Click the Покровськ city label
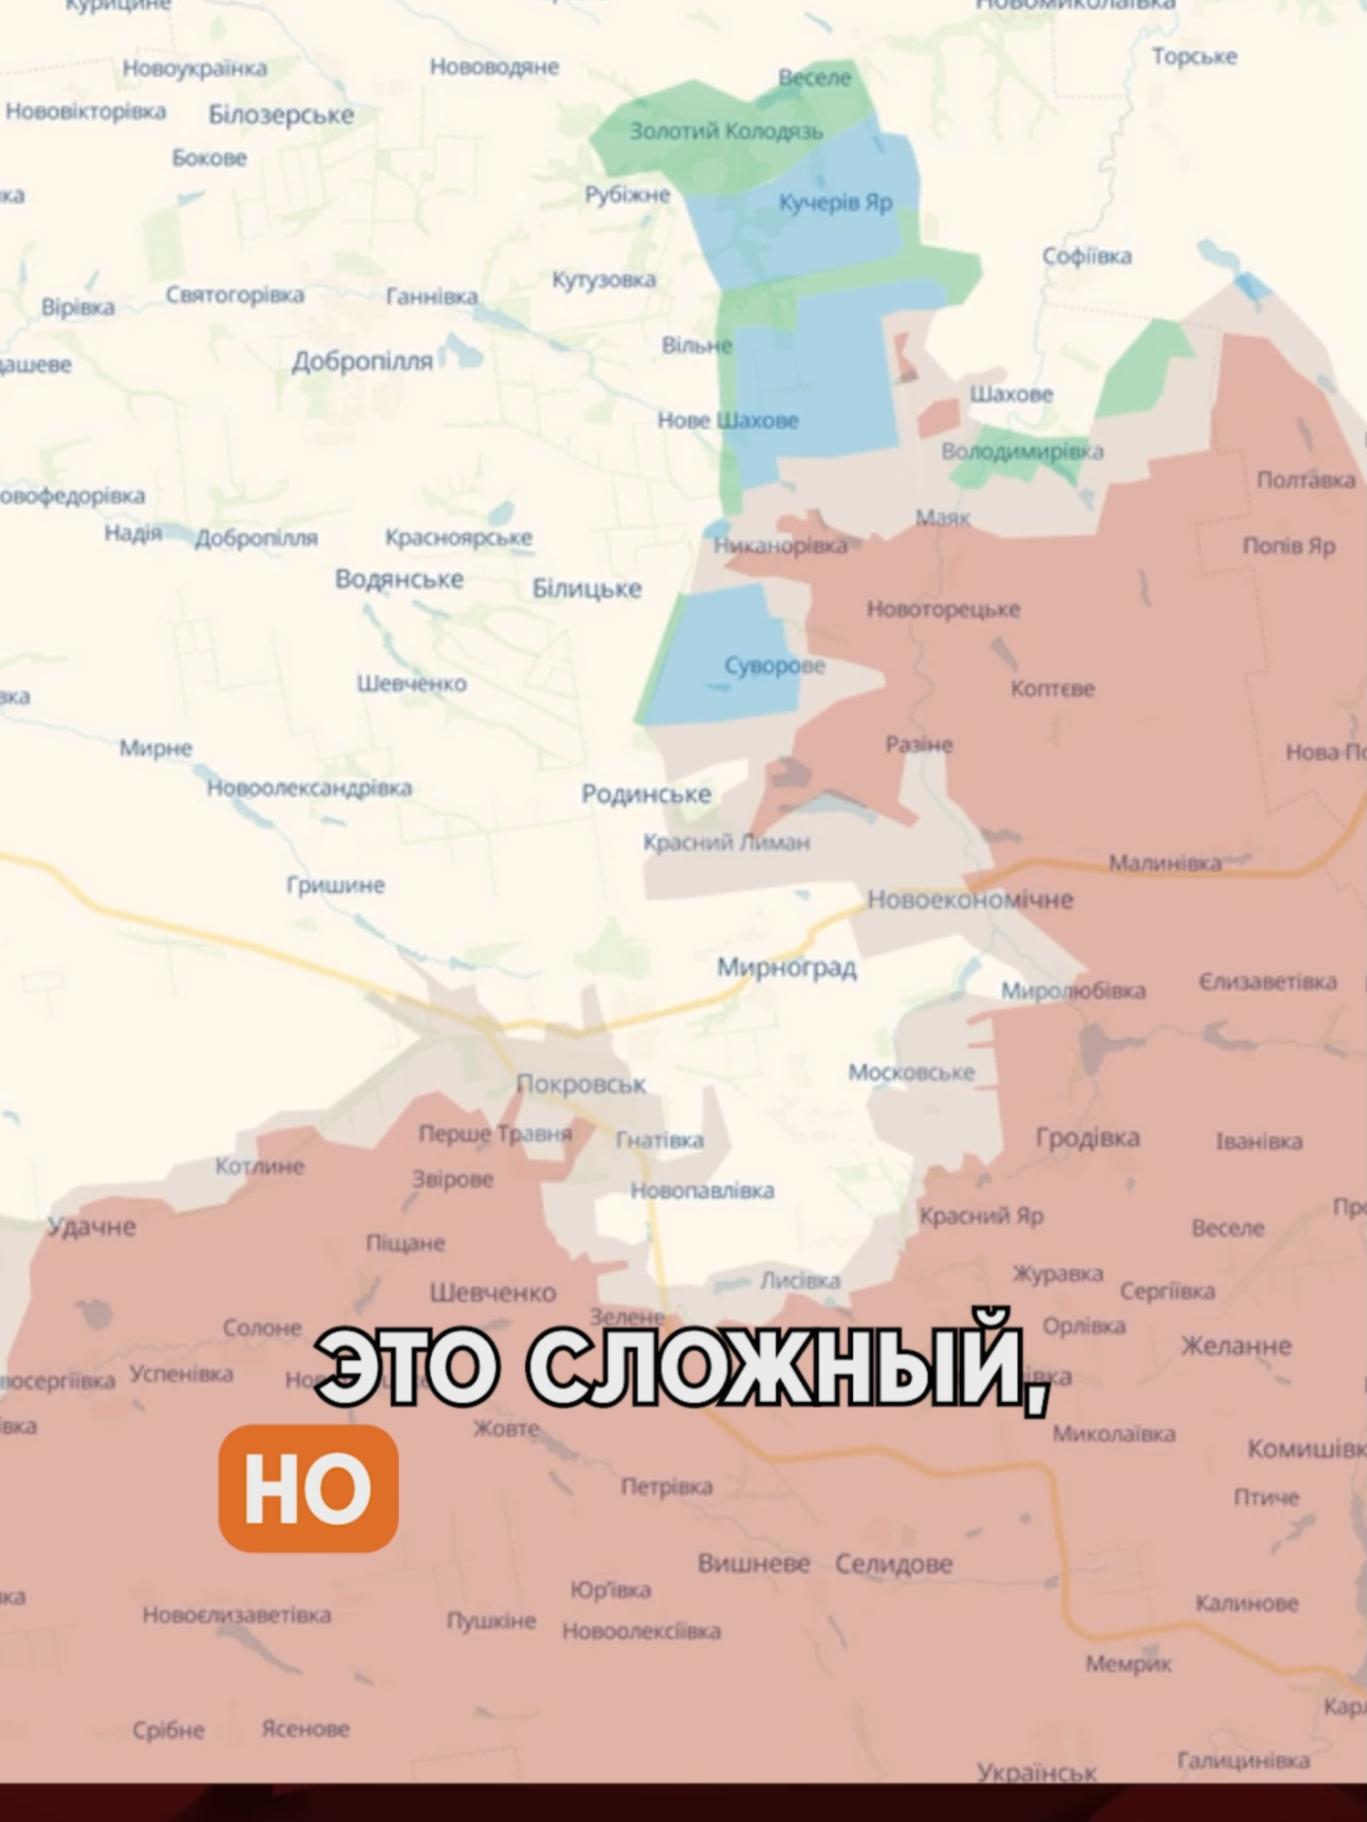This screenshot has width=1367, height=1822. point(581,1084)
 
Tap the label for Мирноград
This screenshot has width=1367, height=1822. point(786,967)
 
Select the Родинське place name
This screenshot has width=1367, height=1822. point(646,794)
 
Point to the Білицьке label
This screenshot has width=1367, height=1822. point(587,589)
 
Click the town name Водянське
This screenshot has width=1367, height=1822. point(399,579)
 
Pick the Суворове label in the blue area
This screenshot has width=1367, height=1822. point(775,666)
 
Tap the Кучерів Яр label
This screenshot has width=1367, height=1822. point(836,202)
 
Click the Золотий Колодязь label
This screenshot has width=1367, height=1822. point(726,131)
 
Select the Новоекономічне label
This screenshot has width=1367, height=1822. point(970,900)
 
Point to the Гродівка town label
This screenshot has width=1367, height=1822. point(1087,1137)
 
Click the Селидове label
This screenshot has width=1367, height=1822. point(894,1563)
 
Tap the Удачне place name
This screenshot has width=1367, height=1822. point(92,1226)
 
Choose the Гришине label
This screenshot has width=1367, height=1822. point(335,885)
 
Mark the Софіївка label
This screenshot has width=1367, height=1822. point(1087,256)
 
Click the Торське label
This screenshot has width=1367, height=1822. point(1194,56)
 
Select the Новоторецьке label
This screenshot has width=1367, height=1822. point(943,609)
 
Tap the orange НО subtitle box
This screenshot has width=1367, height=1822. point(308,1489)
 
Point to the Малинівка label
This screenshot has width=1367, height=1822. point(1165,862)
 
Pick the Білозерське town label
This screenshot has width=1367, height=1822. point(281,115)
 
